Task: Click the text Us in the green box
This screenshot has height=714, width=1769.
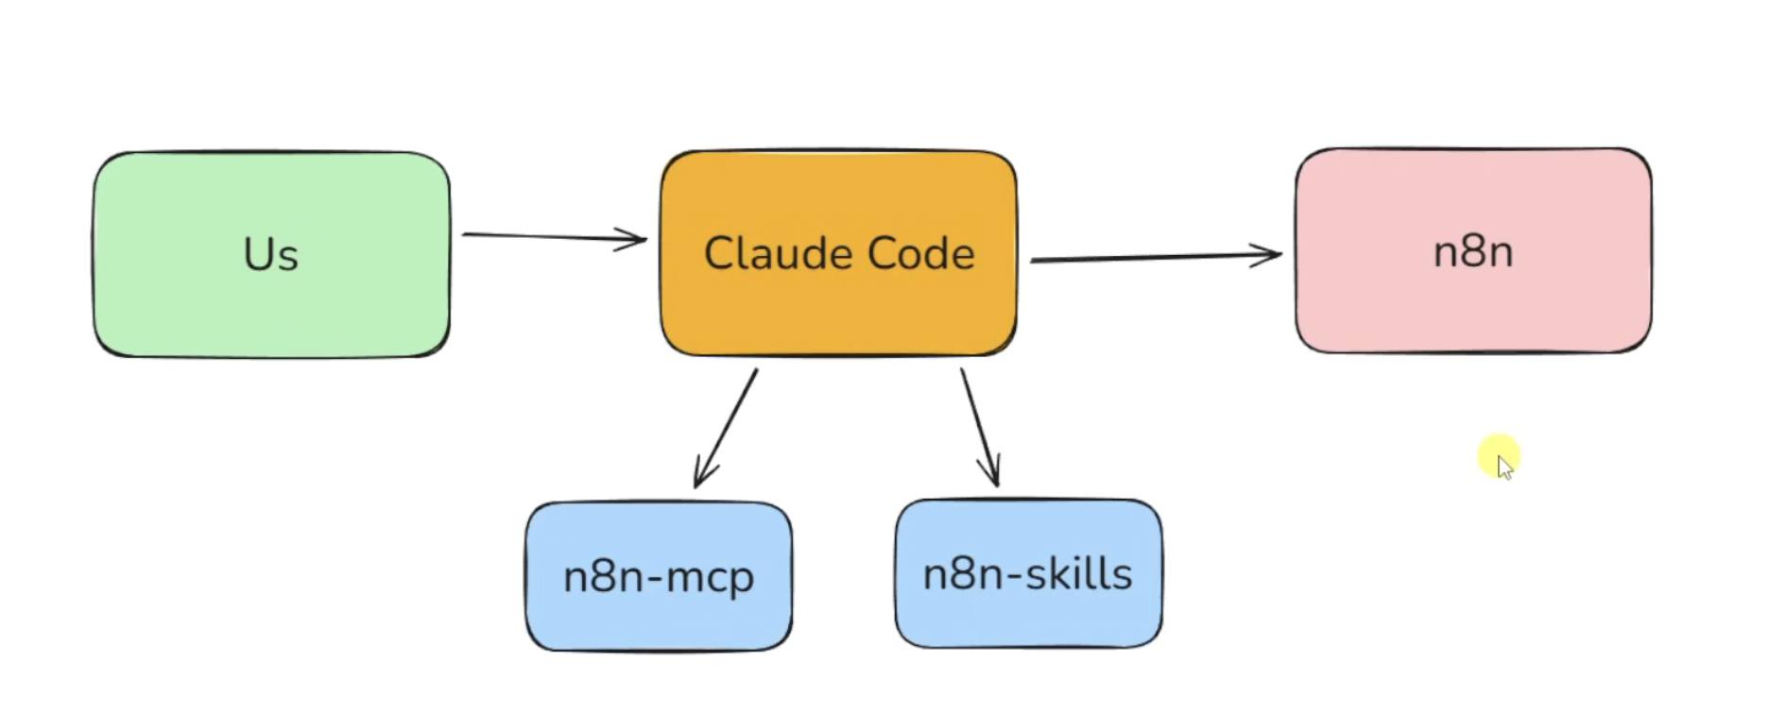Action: click(x=270, y=254)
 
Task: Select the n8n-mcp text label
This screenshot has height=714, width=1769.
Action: click(x=659, y=577)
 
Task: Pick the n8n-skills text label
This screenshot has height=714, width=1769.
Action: click(x=1027, y=574)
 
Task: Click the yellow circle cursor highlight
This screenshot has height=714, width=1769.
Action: click(x=1500, y=456)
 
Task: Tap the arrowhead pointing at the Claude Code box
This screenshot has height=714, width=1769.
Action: click(x=635, y=239)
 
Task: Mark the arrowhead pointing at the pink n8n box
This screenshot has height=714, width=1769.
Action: click(x=1270, y=253)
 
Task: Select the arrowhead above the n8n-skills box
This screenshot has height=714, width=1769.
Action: click(x=993, y=474)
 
